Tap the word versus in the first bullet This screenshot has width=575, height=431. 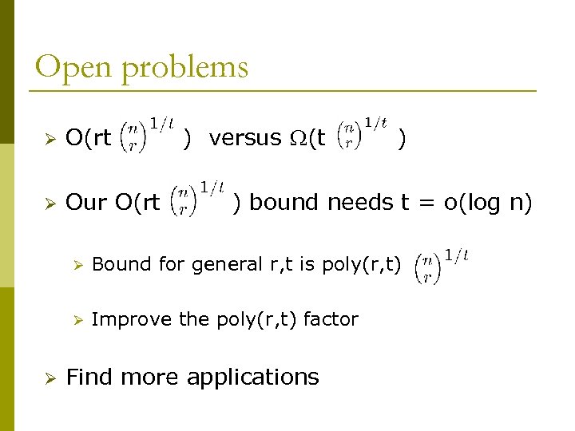(x=244, y=138)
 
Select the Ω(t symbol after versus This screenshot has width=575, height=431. (x=307, y=138)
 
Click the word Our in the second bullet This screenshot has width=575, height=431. (x=86, y=203)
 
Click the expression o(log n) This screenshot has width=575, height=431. (x=487, y=203)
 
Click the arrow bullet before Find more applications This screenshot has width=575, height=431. (x=48, y=377)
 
